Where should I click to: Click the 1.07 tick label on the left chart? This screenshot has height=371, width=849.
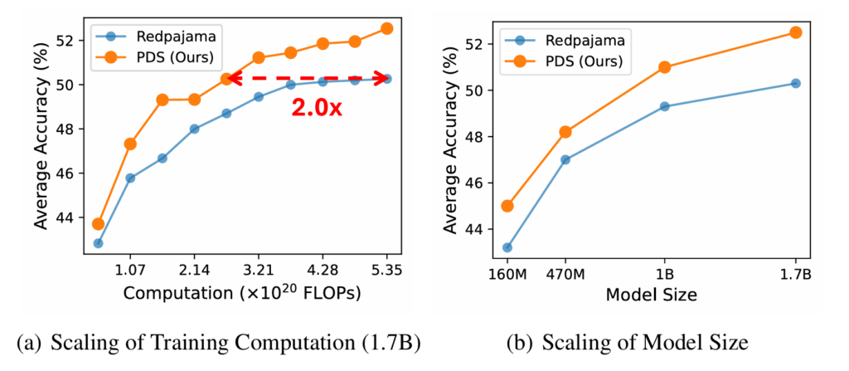click(130, 270)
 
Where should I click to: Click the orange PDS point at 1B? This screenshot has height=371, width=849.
click(664, 67)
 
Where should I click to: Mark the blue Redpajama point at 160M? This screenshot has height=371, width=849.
click(507, 247)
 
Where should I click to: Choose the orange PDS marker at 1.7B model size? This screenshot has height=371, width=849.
click(795, 32)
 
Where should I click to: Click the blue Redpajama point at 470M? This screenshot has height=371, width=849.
click(565, 159)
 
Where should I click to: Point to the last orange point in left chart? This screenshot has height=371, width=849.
click(386, 28)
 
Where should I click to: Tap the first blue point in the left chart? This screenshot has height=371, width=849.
click(99, 243)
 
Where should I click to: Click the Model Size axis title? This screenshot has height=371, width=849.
click(651, 295)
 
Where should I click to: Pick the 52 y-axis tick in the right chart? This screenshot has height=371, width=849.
click(474, 43)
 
